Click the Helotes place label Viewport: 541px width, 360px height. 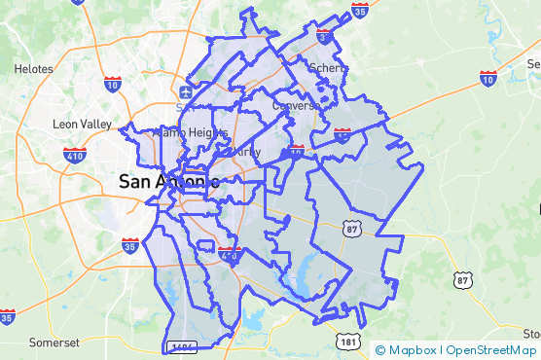coord(34,69)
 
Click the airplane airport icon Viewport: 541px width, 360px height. coord(185,92)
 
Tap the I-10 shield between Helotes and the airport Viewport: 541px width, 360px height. coord(113,85)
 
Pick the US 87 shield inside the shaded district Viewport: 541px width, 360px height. coord(351,227)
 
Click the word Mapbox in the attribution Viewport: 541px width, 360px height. coord(412,350)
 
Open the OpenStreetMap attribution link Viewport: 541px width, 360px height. coord(492,350)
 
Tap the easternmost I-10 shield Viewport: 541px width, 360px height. coord(488,77)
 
